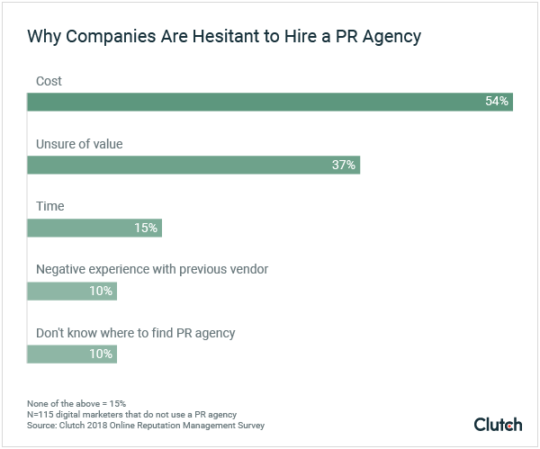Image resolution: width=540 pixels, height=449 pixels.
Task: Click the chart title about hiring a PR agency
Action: pos(224,37)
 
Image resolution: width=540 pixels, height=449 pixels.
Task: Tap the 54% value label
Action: pos(497,102)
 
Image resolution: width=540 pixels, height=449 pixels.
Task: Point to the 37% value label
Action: pos(344,165)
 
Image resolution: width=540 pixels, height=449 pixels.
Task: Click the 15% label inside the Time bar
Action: pos(146,228)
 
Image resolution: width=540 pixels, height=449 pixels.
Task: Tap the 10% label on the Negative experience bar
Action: pos(101,291)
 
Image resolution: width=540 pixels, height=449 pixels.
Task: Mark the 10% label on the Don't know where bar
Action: pos(101,354)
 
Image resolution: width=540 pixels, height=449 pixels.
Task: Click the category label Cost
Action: pos(49,81)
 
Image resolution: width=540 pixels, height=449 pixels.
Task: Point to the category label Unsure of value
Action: pos(79,144)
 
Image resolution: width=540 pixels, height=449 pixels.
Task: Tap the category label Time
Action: pos(50,207)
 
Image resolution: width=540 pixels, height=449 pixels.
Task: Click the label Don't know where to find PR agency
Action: pos(135,333)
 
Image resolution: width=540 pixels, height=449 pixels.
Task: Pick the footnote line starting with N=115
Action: pos(132,413)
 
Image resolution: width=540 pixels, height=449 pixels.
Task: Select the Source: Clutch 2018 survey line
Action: pos(146,425)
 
